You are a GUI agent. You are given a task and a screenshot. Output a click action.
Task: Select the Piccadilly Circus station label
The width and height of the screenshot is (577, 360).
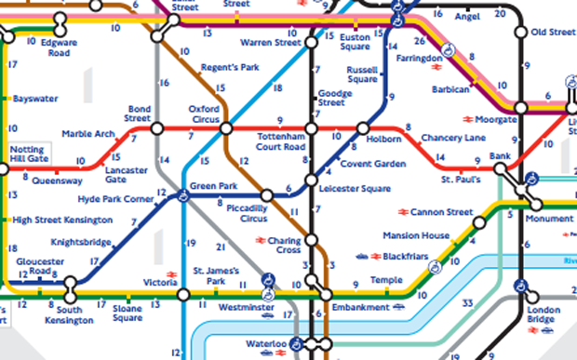pyautogui.click(x=246, y=213)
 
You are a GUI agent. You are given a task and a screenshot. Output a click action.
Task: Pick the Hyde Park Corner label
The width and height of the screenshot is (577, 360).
pyautogui.click(x=116, y=200)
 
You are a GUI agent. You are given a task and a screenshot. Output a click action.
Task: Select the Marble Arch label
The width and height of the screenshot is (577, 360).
pyautogui.click(x=87, y=133)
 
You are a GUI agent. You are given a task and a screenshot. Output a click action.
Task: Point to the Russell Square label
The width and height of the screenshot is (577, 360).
pyautogui.click(x=361, y=73)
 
